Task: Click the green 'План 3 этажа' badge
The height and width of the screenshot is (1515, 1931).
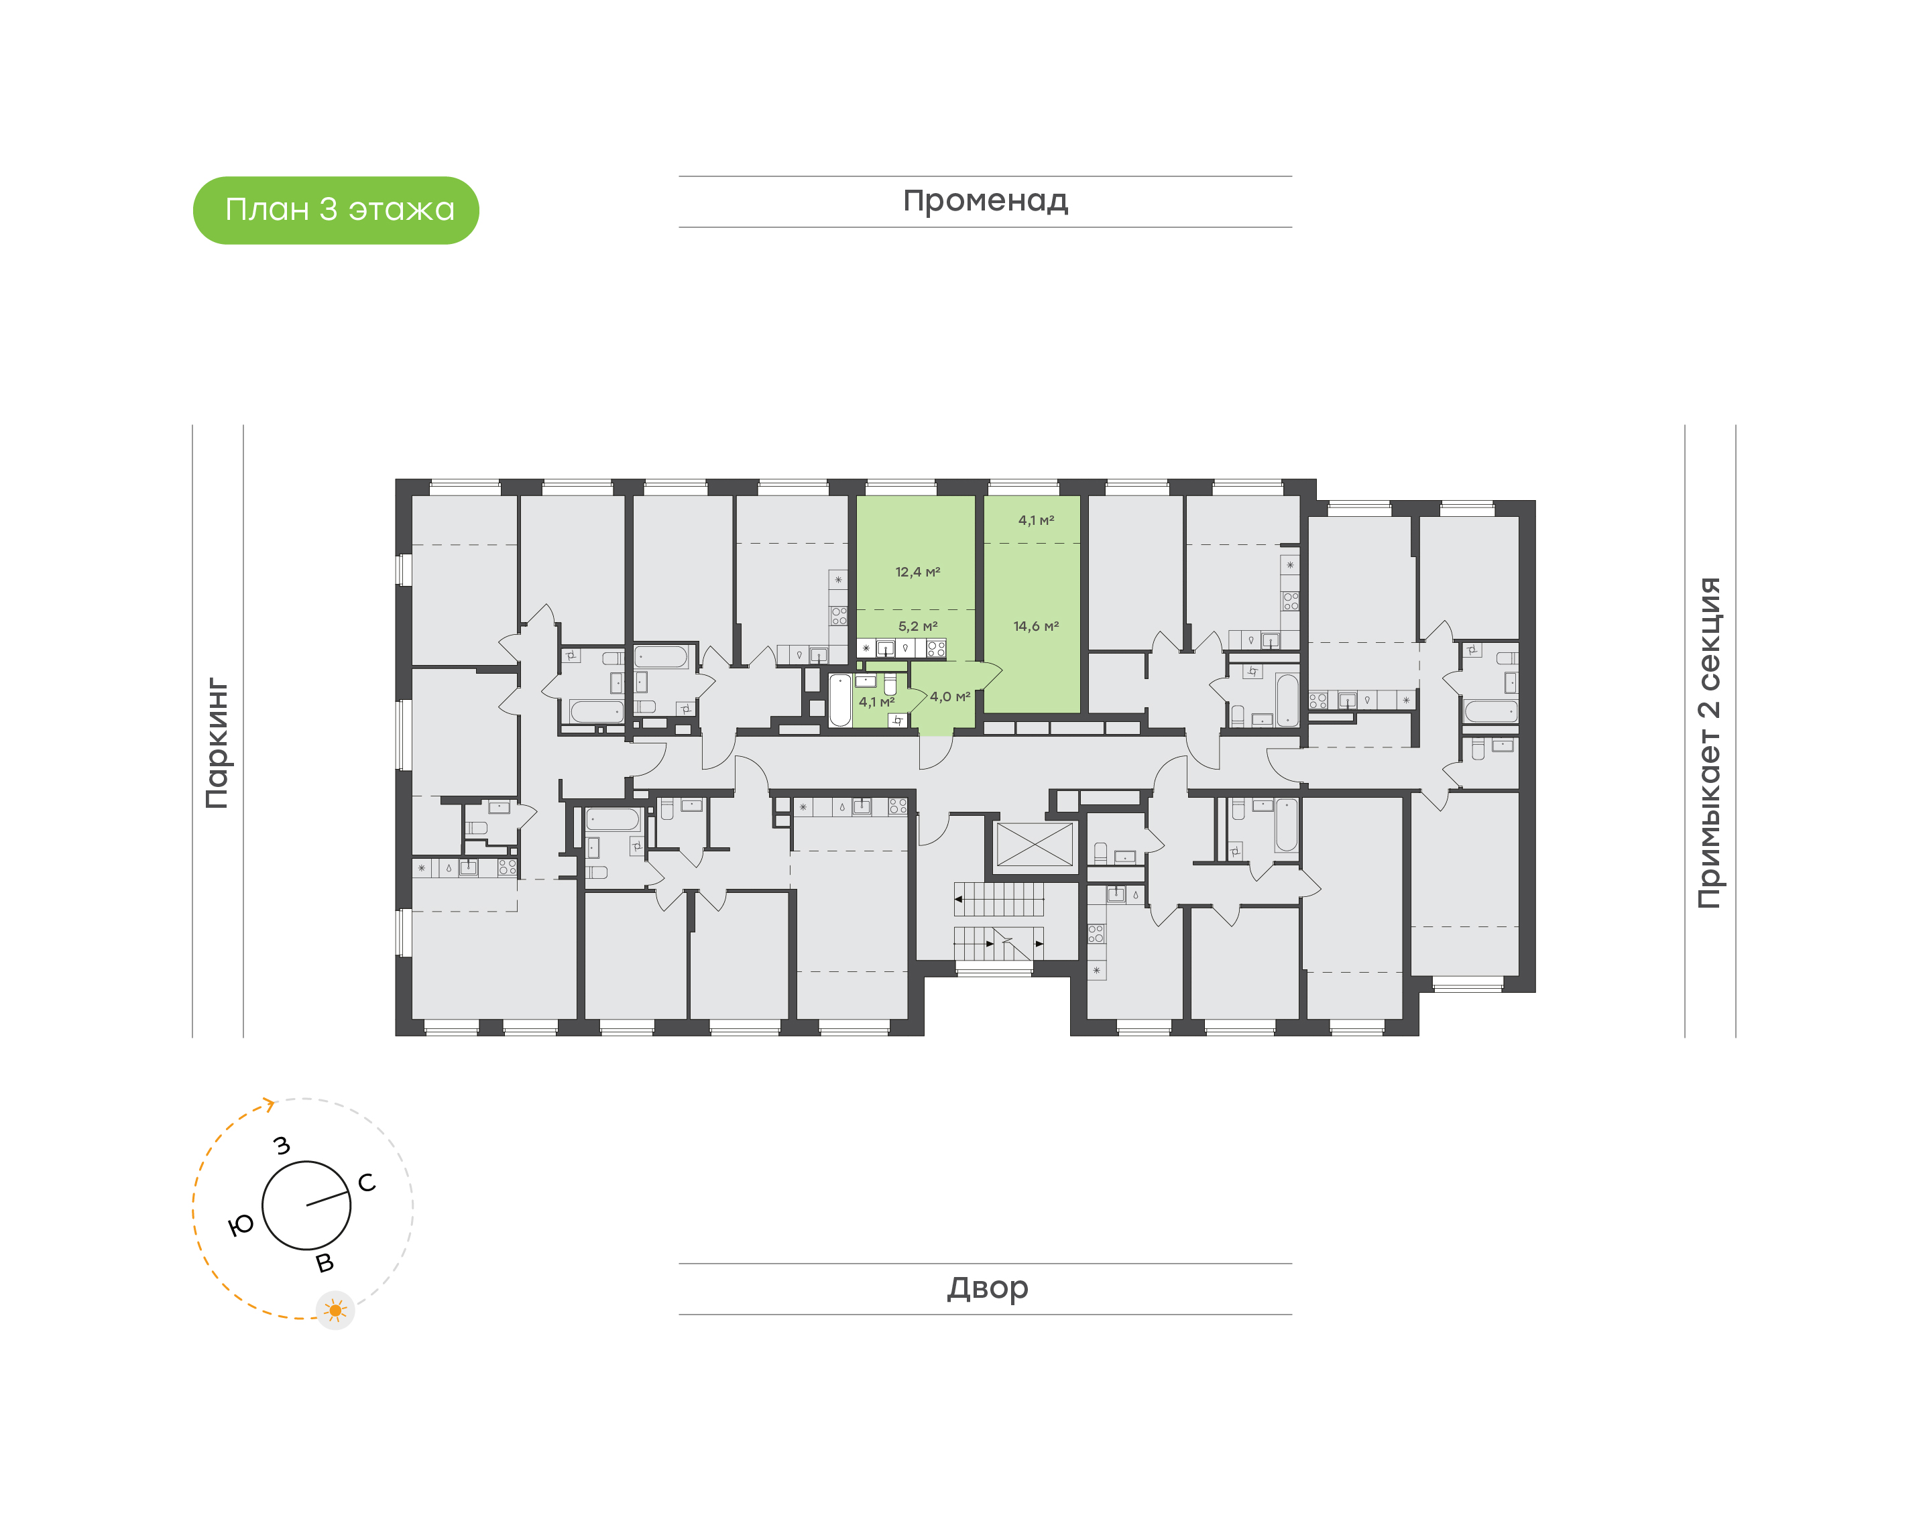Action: point(335,210)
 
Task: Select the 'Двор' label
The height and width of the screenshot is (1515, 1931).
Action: point(987,1287)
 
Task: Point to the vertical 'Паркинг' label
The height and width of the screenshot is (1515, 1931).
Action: point(217,743)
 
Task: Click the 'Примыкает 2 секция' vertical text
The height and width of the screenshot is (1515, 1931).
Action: point(1708,743)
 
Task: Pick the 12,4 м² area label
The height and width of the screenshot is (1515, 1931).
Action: point(917,572)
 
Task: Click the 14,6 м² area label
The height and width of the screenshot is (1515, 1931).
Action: point(1036,626)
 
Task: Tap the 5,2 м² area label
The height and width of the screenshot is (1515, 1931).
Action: point(918,626)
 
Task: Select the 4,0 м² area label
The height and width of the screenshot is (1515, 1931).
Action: point(950,697)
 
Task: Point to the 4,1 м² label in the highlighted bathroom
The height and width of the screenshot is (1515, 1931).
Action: point(876,702)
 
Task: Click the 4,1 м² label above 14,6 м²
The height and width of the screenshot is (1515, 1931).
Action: point(1036,521)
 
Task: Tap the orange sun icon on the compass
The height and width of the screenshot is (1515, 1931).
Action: point(335,1310)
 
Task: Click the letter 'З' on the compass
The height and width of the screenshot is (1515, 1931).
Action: point(282,1145)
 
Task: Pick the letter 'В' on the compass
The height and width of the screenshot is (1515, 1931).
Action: point(325,1263)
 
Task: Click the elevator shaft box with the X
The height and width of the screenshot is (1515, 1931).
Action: point(1035,845)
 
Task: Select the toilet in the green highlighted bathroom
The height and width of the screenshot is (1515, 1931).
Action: point(890,684)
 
